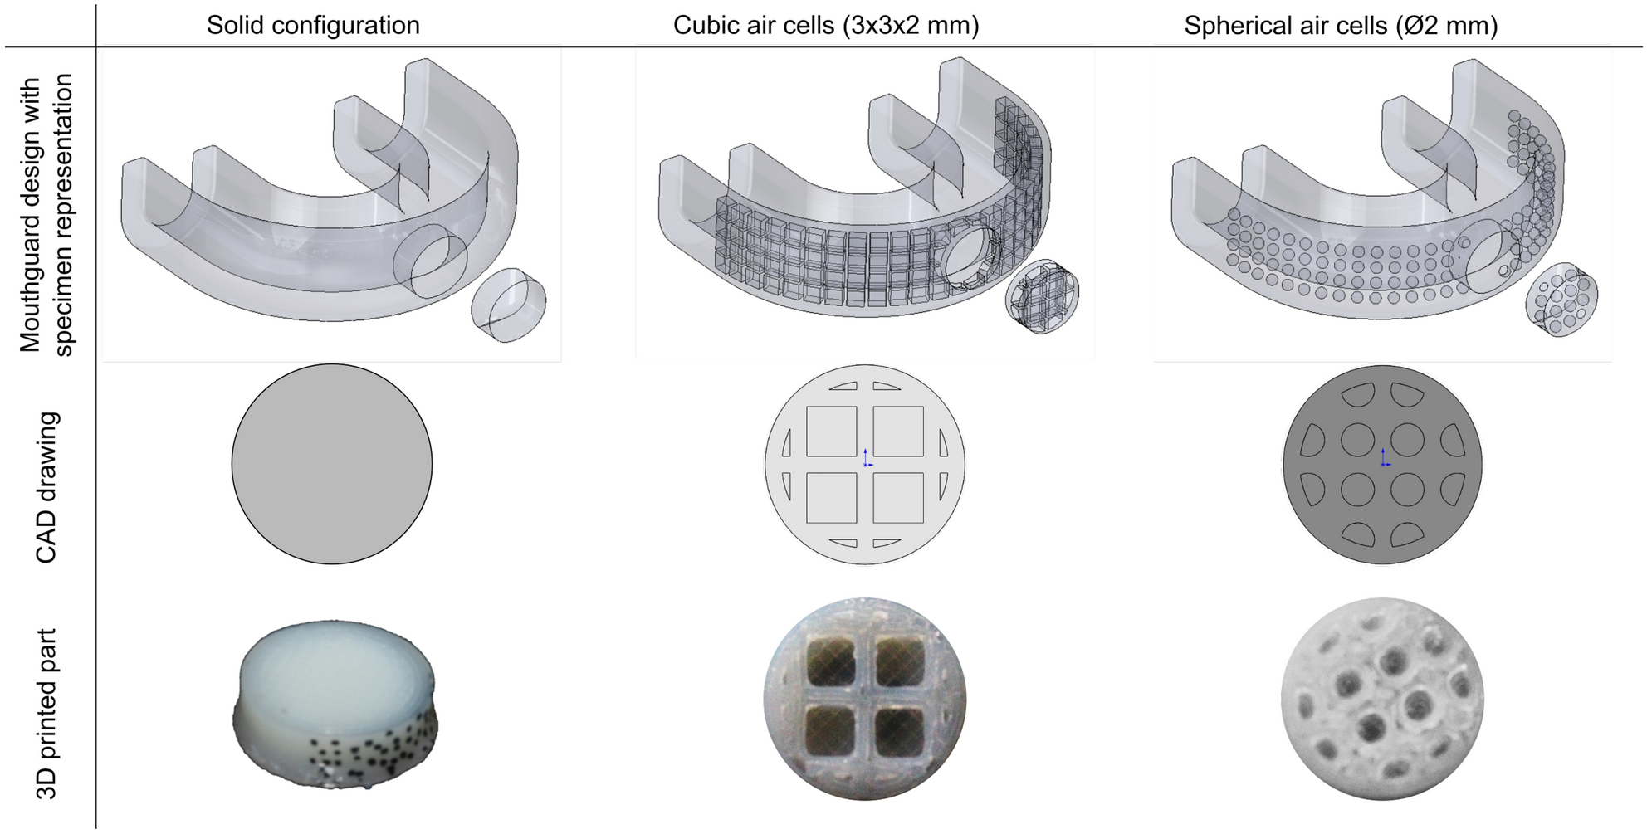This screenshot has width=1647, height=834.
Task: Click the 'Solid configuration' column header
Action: click(x=313, y=25)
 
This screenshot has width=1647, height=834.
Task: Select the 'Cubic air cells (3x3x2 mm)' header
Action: click(x=826, y=25)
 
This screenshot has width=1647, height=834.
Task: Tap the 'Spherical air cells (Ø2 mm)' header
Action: click(x=1341, y=25)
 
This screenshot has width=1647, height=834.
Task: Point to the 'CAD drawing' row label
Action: click(x=46, y=487)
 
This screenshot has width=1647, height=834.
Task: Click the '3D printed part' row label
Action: click(x=46, y=714)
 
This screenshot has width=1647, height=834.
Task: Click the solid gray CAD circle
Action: click(x=332, y=464)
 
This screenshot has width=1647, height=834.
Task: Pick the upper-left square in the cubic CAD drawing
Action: click(x=831, y=431)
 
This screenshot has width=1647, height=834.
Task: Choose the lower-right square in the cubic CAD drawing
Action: click(x=898, y=498)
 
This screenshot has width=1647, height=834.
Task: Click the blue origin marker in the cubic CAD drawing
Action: click(x=866, y=458)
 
